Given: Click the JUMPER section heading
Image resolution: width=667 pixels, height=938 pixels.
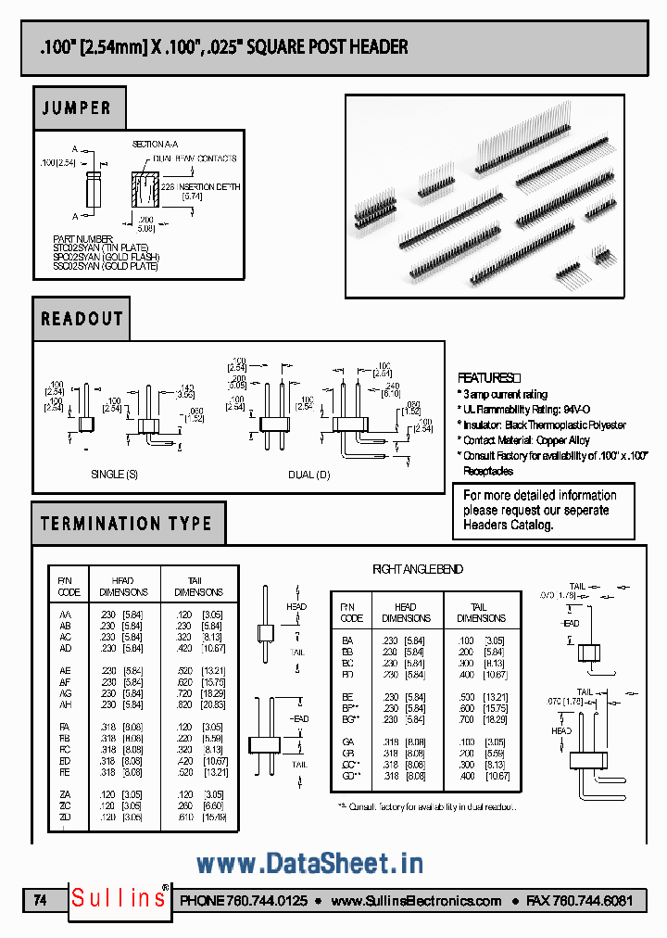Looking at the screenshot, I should coord(77,108).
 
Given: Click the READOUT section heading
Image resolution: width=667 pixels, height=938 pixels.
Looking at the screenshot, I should coord(82,319).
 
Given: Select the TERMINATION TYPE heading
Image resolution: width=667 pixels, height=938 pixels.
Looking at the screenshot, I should coord(126,524).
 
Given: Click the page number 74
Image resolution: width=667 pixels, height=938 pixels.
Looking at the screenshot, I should coord(40,900).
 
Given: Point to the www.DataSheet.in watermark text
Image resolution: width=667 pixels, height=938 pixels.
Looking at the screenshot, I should coord(309,864).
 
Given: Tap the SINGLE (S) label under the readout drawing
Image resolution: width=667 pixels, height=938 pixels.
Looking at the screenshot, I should coord(114,475).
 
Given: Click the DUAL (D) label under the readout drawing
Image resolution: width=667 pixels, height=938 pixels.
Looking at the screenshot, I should coord(308,475).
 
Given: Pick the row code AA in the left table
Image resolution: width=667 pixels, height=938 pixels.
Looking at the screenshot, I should coord(65,615).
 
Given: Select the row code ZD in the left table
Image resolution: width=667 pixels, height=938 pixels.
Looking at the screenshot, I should coord(65,818).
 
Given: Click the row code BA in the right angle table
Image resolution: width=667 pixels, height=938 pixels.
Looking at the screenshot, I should coord(347,640).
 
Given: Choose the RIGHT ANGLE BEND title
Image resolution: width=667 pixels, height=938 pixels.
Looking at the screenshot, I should coord(417,569).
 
